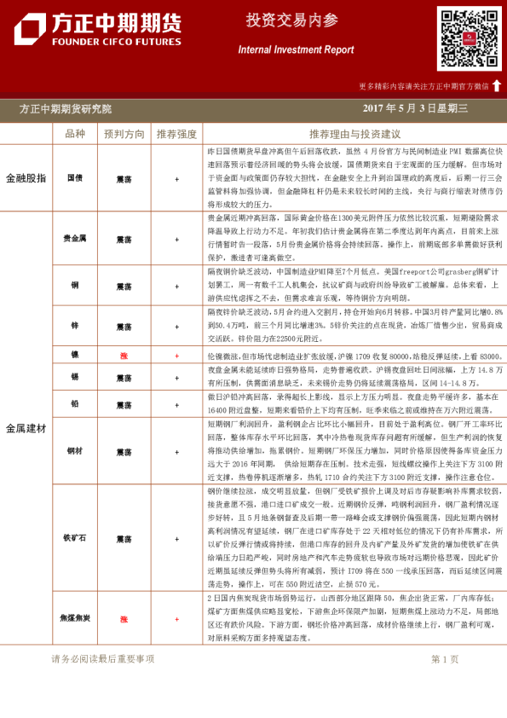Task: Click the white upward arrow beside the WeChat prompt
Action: (497, 85)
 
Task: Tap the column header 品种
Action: (75, 134)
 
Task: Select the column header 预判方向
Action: (124, 134)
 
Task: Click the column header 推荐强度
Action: (176, 134)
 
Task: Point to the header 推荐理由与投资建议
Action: (354, 134)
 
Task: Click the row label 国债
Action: (75, 179)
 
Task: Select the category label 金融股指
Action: (26, 178)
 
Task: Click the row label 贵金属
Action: (75, 240)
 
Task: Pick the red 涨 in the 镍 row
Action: (124, 355)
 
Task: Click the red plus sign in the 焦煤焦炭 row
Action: (176, 620)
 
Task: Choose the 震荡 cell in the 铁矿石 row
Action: (124, 539)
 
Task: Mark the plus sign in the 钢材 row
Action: (176, 450)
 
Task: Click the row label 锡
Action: (75, 376)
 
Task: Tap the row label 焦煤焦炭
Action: (75, 620)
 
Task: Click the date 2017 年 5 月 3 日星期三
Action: (415, 108)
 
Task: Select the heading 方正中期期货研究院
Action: (65, 108)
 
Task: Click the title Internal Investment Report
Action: (296, 50)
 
